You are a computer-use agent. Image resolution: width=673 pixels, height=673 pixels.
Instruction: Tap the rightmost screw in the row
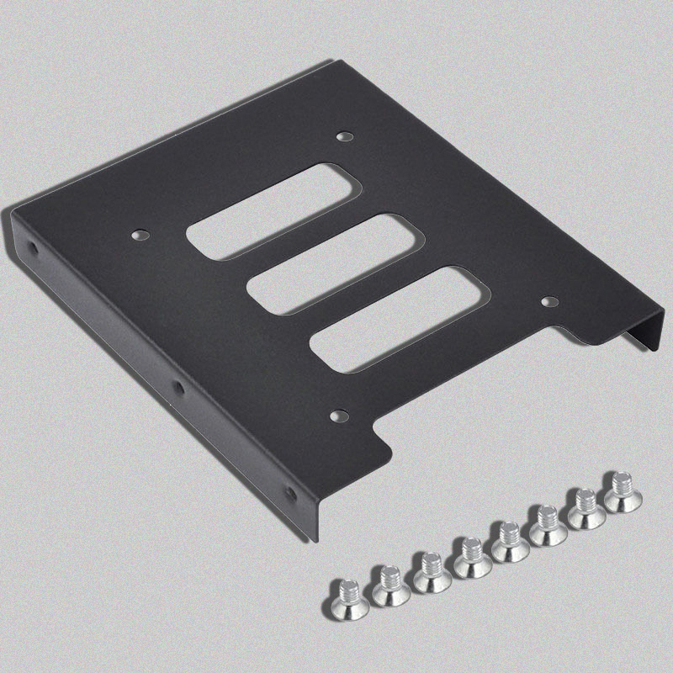(619, 491)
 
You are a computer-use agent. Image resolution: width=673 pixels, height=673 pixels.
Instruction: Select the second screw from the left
(389, 584)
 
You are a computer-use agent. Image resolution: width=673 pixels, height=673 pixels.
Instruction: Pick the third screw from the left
(431, 572)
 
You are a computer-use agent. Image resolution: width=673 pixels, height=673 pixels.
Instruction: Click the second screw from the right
(585, 508)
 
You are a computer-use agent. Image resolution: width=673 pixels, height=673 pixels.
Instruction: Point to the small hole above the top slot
(342, 135)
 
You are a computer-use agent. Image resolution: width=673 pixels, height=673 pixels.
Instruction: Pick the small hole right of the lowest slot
(548, 299)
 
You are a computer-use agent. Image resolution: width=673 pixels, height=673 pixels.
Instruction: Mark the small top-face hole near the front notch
(337, 415)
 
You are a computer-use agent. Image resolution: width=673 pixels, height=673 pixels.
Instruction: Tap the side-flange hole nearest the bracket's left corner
(33, 249)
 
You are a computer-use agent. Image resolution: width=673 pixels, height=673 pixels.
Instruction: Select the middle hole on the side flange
(178, 388)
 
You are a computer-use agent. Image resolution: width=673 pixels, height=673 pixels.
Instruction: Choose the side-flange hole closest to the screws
(291, 494)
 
